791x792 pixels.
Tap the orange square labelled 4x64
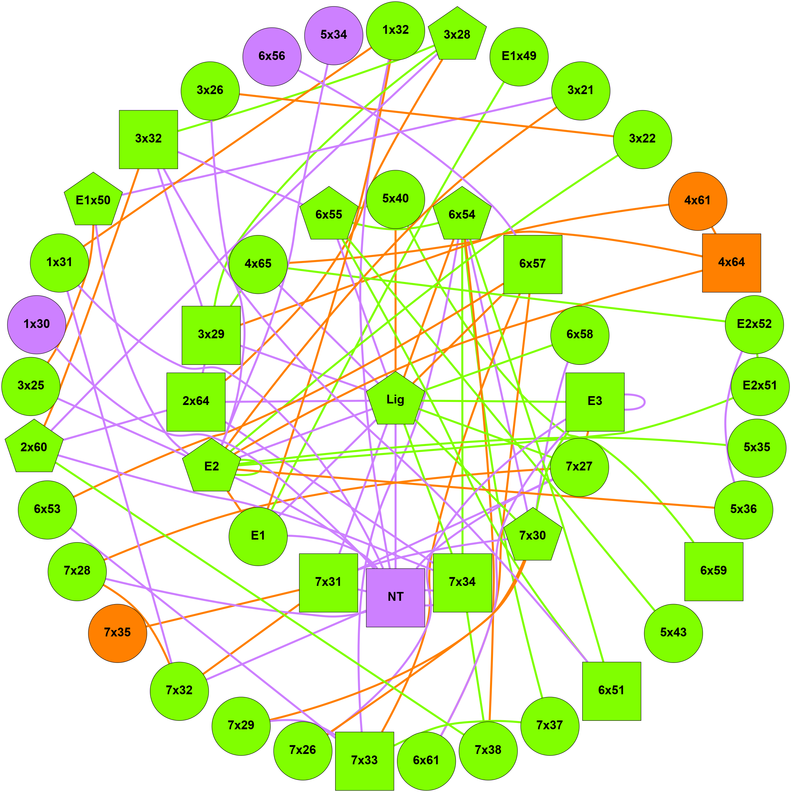point(731,263)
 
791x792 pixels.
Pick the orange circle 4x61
point(697,201)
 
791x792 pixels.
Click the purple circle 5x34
point(334,35)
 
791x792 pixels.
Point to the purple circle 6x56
point(271,57)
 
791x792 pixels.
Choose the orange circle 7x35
point(117,633)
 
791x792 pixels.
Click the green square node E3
point(594,401)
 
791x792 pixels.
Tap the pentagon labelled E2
point(211,466)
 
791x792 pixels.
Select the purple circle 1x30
point(37,325)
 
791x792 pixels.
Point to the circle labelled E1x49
point(519,57)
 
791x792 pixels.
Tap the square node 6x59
point(714,571)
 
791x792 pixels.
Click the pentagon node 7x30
point(533,536)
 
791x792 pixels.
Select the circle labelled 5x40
point(395,199)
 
